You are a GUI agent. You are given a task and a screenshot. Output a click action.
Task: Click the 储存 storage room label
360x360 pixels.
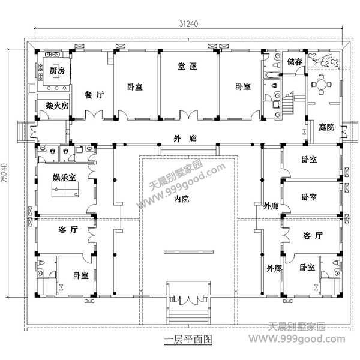[294, 62]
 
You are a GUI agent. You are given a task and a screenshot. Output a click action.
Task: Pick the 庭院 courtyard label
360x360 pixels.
[326, 128]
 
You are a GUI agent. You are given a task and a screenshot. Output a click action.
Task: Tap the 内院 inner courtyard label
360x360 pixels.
[182, 199]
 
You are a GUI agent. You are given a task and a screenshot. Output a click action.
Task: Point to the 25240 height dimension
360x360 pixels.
[5, 174]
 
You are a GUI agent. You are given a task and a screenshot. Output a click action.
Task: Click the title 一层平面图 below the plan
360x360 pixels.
[187, 340]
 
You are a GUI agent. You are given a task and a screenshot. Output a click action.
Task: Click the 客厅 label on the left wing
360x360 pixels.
[68, 230]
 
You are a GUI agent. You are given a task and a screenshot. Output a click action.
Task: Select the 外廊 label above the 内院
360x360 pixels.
[182, 138]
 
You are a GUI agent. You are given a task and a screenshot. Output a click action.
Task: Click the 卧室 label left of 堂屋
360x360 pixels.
[135, 87]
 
